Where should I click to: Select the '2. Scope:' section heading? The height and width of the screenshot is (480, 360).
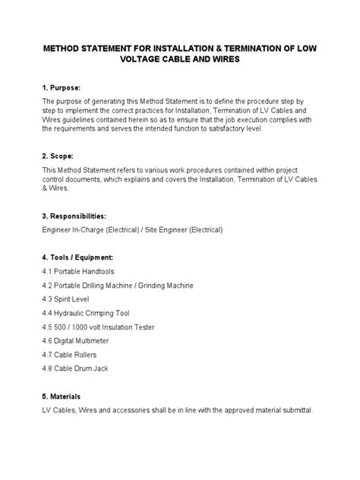[x=59, y=156]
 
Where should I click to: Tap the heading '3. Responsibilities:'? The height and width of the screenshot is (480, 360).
[x=79, y=214]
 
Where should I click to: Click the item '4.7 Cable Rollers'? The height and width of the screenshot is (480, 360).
[x=71, y=355]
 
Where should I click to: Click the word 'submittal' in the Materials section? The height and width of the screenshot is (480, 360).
[x=293, y=410]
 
